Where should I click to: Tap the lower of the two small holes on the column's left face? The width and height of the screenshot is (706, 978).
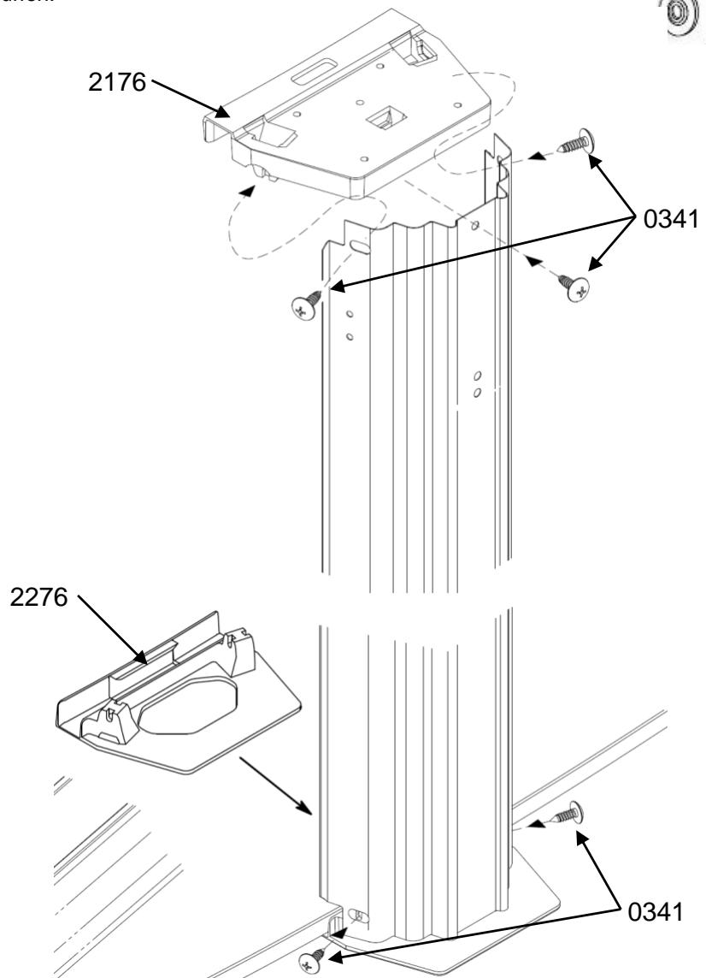(350, 336)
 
